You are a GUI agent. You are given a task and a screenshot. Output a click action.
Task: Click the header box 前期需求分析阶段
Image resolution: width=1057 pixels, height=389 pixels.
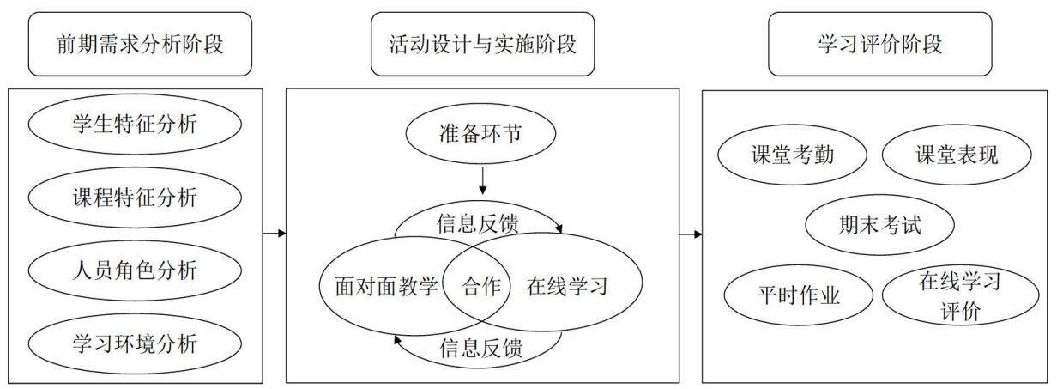pyautogui.click(x=140, y=44)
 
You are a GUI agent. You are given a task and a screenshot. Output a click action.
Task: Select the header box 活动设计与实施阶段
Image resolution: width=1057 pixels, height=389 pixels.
pyautogui.click(x=482, y=44)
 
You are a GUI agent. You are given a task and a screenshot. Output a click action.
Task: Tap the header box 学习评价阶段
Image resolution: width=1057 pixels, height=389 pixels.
pyautogui.click(x=880, y=44)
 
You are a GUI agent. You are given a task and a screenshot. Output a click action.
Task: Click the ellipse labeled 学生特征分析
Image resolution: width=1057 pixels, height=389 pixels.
pyautogui.click(x=135, y=125)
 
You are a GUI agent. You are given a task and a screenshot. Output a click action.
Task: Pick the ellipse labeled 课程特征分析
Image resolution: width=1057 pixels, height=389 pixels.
pyautogui.click(x=135, y=198)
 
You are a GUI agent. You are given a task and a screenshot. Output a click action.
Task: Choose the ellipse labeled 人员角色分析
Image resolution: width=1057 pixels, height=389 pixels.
pyautogui.click(x=135, y=270)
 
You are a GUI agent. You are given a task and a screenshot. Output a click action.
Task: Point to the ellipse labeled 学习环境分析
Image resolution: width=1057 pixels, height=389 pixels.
pyautogui.click(x=135, y=343)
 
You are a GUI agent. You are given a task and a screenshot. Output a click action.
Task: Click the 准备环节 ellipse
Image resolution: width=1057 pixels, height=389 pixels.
pyautogui.click(x=480, y=133)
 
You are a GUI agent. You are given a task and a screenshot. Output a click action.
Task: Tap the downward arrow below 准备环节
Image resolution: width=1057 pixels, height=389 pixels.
pyautogui.click(x=482, y=181)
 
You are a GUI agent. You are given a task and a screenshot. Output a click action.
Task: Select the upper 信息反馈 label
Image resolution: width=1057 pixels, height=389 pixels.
pyautogui.click(x=478, y=223)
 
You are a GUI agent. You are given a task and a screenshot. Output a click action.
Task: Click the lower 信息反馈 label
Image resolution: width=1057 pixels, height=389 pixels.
pyautogui.click(x=480, y=349)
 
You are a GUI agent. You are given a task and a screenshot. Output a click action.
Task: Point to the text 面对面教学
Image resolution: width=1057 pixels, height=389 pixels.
pyautogui.click(x=386, y=286)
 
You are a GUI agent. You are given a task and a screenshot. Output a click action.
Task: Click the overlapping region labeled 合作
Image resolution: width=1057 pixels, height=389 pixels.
pyautogui.click(x=481, y=286)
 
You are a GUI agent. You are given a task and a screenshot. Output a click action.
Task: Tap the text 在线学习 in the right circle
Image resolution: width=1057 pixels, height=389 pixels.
pyautogui.click(x=567, y=286)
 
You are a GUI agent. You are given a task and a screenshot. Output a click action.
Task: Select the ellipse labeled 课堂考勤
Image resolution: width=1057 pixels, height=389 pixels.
pyautogui.click(x=792, y=155)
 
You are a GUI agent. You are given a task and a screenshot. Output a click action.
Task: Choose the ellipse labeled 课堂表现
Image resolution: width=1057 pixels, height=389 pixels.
pyautogui.click(x=957, y=155)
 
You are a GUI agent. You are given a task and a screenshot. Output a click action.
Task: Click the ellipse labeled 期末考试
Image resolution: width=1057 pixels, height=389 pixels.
pyautogui.click(x=879, y=225)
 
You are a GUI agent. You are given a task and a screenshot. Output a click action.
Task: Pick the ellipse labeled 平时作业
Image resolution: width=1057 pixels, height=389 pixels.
pyautogui.click(x=799, y=295)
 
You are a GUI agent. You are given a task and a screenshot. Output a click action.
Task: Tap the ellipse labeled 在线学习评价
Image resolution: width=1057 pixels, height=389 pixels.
pyautogui.click(x=960, y=295)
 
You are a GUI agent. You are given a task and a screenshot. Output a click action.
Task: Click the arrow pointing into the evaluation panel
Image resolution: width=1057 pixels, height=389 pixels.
pyautogui.click(x=691, y=234)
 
